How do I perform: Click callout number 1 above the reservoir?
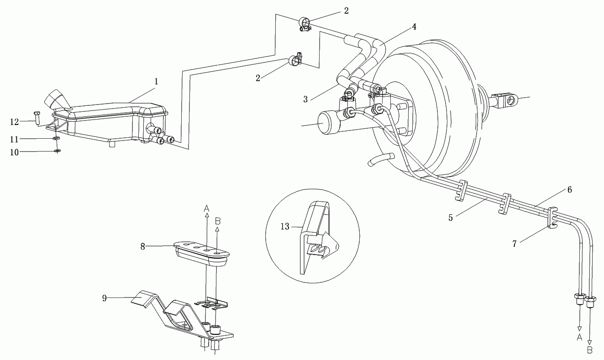point(156,82)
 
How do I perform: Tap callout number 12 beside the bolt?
point(15,122)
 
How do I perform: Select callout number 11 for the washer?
point(14,139)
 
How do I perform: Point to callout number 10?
point(15,152)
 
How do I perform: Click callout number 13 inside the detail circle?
point(285,227)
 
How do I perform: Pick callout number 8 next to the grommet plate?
point(142,246)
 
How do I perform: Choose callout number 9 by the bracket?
point(105,298)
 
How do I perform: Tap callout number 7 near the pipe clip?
point(515,244)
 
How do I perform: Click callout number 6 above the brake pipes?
point(569,190)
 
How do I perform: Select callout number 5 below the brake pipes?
point(451,218)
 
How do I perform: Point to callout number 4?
point(414,26)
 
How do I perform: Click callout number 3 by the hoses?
point(305,99)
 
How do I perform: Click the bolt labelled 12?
point(37,117)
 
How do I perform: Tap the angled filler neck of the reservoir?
point(57,100)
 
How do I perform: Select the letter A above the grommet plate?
point(206,208)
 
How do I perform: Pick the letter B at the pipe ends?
point(590,350)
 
